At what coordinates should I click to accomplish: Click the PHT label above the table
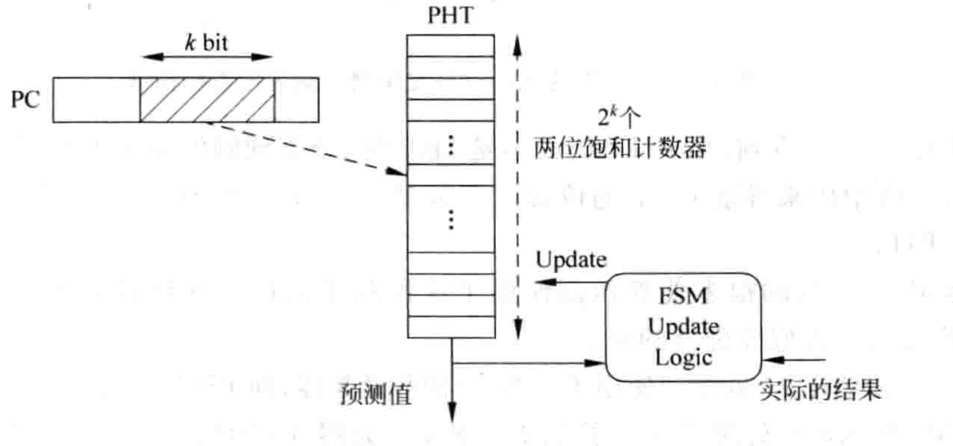452,16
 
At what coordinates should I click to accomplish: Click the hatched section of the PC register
207,100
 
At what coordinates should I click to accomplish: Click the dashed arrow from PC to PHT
304,147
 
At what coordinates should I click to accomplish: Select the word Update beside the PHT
569,261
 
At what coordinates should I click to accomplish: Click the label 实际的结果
820,391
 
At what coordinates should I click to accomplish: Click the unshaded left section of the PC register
96,100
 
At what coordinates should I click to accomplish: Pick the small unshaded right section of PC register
295,100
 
